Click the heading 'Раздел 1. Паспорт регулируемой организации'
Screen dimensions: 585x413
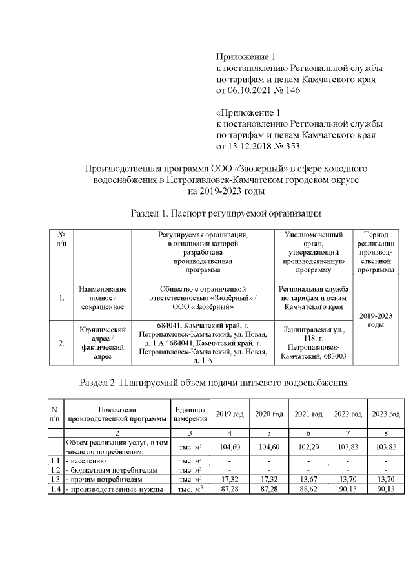226,213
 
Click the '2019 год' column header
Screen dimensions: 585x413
230,414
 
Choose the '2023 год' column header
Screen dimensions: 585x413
385,414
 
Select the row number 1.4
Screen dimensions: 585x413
55,489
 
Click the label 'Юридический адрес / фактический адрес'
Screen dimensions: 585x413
101,343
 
